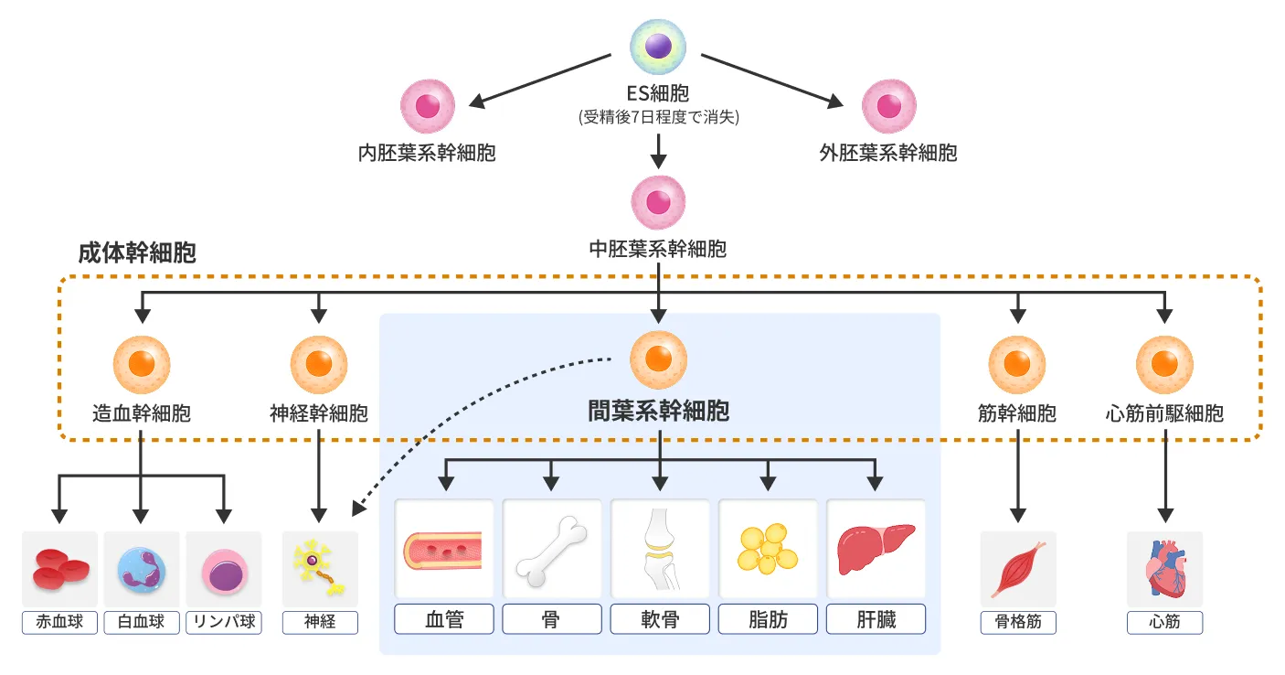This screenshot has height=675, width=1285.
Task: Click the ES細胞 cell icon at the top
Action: click(x=658, y=47)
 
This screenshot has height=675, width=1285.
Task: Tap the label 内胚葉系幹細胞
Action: click(x=427, y=153)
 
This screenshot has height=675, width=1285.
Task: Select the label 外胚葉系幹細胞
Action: click(x=888, y=153)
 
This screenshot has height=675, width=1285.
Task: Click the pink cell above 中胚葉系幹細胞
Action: click(x=658, y=202)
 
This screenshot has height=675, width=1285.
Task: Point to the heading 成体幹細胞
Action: click(x=136, y=253)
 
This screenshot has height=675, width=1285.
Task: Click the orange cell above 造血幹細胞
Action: click(x=141, y=363)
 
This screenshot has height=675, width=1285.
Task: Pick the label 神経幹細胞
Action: click(x=319, y=413)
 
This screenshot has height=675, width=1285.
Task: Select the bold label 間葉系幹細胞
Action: click(x=658, y=412)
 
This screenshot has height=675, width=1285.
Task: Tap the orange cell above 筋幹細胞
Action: click(x=1017, y=363)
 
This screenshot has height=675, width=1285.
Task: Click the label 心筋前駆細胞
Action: click(x=1164, y=413)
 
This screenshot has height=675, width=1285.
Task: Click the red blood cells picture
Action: click(x=60, y=569)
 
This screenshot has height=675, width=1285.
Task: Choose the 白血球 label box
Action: click(x=142, y=622)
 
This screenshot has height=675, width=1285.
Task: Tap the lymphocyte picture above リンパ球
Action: click(x=224, y=569)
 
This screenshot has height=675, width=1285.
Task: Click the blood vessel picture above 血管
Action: click(x=443, y=550)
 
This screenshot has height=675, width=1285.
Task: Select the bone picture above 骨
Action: click(x=551, y=550)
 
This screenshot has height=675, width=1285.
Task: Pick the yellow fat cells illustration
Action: click(x=768, y=550)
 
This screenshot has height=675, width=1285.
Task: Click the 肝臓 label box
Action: click(x=876, y=619)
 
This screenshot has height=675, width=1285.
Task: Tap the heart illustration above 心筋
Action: click(x=1164, y=569)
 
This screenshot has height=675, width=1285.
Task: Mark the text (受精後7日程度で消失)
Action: click(x=658, y=117)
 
